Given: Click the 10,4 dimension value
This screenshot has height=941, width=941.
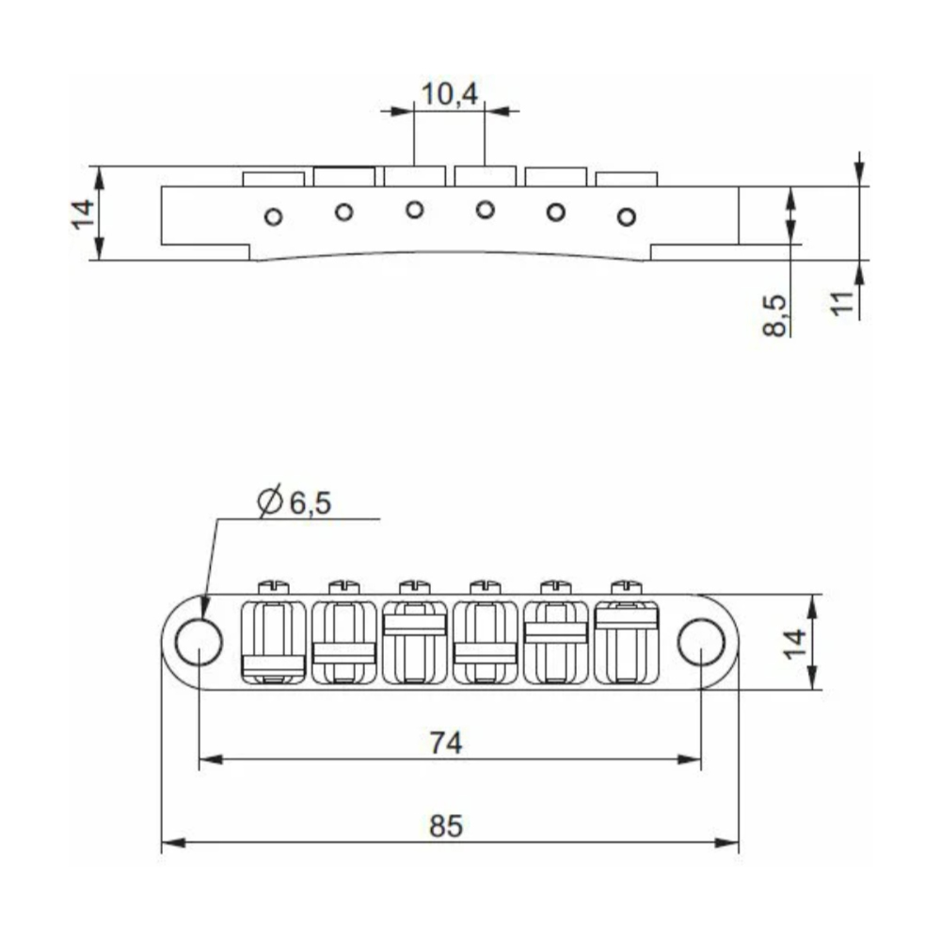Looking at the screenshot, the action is [449, 94].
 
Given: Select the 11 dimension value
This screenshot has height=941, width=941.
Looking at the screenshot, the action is [842, 302].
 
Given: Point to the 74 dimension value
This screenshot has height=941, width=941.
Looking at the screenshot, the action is [446, 743].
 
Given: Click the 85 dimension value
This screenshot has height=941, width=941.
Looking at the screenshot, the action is [446, 826].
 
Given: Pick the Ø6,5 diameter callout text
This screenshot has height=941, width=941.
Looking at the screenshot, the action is [294, 502].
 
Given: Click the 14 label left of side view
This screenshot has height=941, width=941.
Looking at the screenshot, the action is [84, 214].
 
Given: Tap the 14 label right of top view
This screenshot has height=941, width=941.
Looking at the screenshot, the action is [796, 644].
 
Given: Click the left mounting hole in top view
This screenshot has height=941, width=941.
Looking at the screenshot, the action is [199, 642].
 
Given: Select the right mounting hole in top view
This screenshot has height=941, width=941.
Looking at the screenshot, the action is [702, 642].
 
